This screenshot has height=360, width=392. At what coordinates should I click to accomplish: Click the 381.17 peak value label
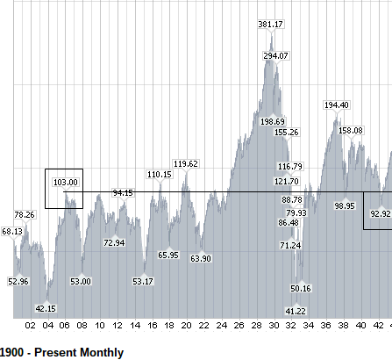pos(271,24)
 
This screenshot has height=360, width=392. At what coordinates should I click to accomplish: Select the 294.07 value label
pos(276,55)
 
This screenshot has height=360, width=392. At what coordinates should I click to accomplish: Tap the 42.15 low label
pos(46,308)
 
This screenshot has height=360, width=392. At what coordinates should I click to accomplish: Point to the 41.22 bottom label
pos(296,311)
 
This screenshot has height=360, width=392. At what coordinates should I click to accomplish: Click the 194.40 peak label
pos(337,104)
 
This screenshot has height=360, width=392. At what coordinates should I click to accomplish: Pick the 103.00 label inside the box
pos(66,183)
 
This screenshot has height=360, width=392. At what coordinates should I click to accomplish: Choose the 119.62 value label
pos(186,164)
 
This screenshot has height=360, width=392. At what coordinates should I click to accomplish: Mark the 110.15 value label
pos(160,175)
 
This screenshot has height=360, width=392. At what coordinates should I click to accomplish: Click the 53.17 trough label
pos(143,281)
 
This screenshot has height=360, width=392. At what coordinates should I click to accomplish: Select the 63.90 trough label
pos(201,258)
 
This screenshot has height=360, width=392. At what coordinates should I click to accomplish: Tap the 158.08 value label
pos(351,130)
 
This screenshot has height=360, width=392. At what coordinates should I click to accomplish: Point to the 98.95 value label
pos(345,205)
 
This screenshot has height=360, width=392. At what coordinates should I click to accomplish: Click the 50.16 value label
pos(301,288)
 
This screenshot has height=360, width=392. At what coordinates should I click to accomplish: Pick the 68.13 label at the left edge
pos(12,232)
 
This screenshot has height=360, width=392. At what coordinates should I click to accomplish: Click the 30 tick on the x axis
pos(274,326)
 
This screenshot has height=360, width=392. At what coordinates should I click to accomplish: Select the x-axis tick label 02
pos(30,326)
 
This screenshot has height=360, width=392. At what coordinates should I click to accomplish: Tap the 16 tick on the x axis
pos(153,326)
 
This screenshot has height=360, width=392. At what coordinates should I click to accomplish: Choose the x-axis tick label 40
pos(361,326)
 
